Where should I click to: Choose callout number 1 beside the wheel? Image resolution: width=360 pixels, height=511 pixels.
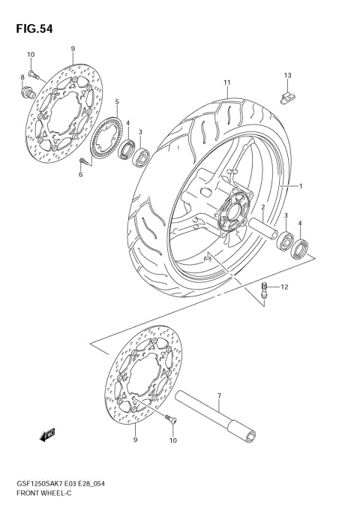[301, 186]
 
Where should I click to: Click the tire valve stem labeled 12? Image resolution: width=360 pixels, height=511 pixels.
[263, 290]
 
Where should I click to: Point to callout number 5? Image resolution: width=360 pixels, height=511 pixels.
[117, 101]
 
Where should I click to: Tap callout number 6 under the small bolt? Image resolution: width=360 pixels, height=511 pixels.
[80, 174]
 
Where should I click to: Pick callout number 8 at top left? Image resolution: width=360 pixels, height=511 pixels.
[22, 77]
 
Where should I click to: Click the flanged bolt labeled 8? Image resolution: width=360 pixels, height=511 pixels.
[29, 93]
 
